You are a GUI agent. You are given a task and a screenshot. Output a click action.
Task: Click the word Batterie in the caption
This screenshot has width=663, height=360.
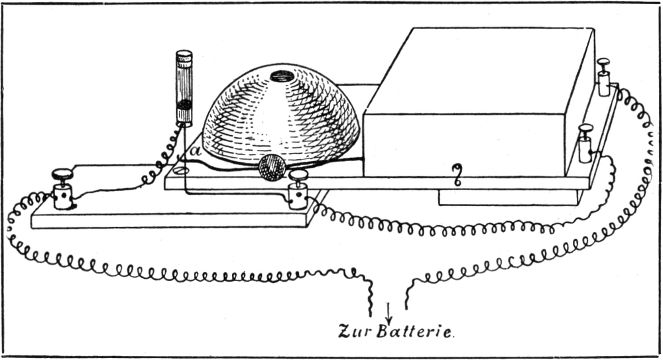coord(414,331)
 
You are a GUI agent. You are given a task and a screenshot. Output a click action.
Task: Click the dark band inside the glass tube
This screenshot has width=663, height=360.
coord(184,105)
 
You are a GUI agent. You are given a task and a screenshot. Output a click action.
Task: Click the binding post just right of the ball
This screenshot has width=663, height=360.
coord(298,189)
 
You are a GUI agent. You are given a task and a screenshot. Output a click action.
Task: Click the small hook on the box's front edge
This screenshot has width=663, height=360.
coord(457,174)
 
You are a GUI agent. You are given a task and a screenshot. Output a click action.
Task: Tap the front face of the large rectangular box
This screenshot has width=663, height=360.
coord(464,143)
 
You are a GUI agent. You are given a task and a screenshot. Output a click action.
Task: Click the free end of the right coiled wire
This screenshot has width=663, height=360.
coord(406,306)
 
